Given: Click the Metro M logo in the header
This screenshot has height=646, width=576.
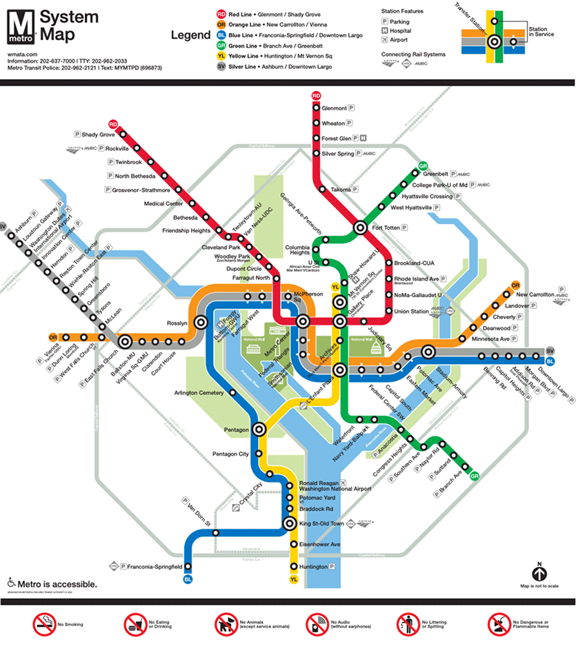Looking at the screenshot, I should click(x=21, y=26).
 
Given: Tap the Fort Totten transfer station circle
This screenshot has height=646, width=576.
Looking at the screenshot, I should click(x=360, y=227).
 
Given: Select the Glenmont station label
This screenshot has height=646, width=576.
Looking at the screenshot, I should click(x=334, y=108).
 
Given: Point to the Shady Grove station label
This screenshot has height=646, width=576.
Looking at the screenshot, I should click(x=98, y=134).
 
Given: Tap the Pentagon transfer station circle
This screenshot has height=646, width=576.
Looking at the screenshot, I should click(x=259, y=428).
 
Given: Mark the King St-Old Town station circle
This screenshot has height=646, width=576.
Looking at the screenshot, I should click(x=290, y=523).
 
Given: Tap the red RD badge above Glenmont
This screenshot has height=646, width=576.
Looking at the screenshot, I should click(x=316, y=95).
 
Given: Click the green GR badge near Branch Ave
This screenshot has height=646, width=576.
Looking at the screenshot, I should click(x=474, y=476).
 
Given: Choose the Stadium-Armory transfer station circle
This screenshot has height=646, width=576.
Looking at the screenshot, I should click(x=428, y=352).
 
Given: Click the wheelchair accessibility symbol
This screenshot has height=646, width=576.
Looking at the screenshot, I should click(x=11, y=583).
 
